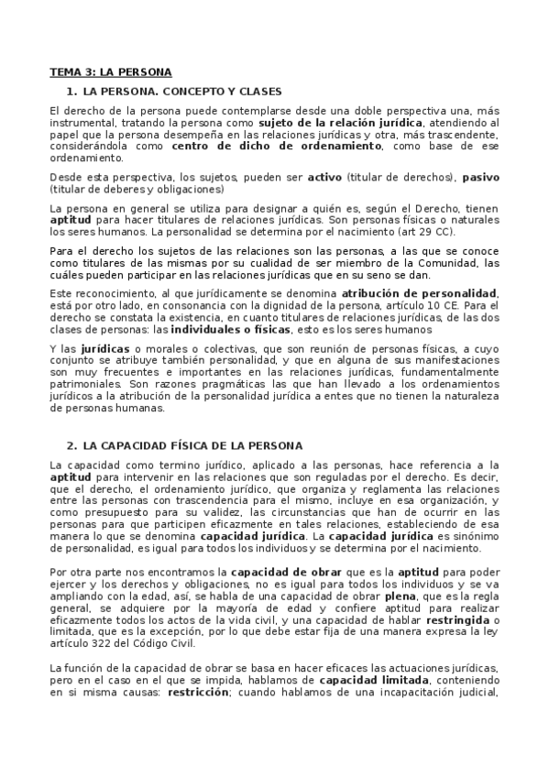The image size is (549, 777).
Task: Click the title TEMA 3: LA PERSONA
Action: (110, 71)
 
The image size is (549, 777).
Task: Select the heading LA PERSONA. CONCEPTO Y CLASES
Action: (181, 92)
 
